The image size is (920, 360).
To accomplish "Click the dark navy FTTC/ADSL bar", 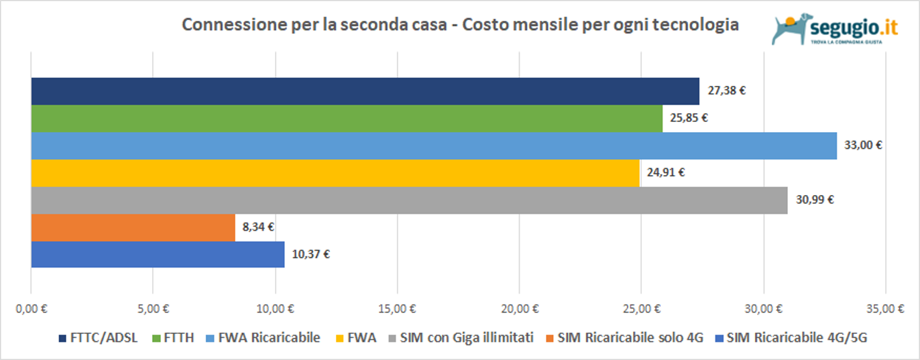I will pyautogui.click(x=365, y=91).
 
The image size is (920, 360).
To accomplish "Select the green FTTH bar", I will pyautogui.click(x=347, y=119).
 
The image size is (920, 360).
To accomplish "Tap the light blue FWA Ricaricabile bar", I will pyautogui.click(x=434, y=145).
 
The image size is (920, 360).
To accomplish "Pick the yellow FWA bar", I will pyautogui.click(x=335, y=173).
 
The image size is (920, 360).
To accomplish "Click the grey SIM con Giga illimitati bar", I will pyautogui.click(x=409, y=200).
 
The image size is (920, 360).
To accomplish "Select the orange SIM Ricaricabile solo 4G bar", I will pyautogui.click(x=133, y=227).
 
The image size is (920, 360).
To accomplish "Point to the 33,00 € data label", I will pyautogui.click(x=863, y=145).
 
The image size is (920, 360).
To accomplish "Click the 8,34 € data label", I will pyautogui.click(x=258, y=227).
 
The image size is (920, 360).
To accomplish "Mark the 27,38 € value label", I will pyautogui.click(x=726, y=91).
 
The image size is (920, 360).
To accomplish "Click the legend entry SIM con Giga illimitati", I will pyautogui.click(x=461, y=338).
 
